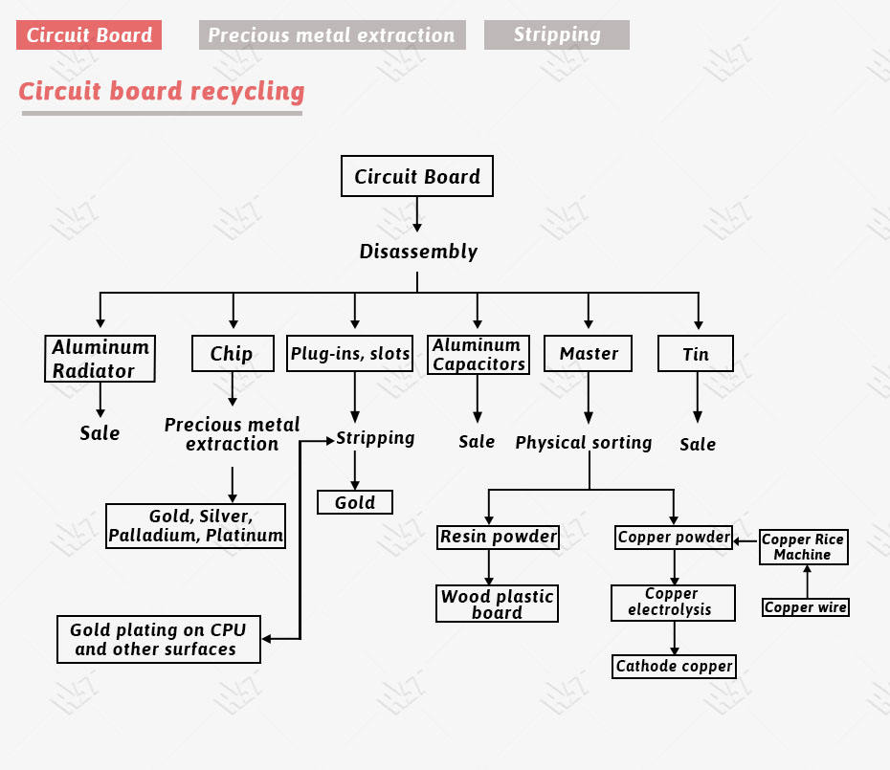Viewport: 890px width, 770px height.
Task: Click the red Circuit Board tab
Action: [89, 35]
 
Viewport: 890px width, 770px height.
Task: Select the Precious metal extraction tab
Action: [331, 35]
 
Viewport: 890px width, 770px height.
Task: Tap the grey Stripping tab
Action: [556, 34]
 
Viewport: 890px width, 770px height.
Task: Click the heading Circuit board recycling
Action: [162, 92]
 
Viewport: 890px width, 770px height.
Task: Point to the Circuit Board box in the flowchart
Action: [417, 176]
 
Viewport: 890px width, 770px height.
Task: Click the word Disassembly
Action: [418, 252]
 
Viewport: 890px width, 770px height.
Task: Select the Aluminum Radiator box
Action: [100, 359]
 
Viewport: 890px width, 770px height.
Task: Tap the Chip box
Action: [232, 354]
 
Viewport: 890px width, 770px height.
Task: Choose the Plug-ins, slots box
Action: [350, 354]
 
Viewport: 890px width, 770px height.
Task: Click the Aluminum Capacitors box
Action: [478, 354]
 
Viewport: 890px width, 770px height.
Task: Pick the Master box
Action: [589, 354]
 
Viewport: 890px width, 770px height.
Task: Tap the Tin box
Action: [696, 354]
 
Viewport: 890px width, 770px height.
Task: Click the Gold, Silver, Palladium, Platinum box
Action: [195, 526]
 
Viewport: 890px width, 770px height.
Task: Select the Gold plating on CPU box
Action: [158, 640]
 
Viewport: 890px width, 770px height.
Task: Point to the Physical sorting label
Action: [583, 443]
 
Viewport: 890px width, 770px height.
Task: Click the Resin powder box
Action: [498, 537]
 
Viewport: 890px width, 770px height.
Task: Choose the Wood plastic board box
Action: [497, 604]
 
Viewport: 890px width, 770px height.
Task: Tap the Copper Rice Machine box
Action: [803, 547]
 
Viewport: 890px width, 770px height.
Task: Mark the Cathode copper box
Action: [674, 667]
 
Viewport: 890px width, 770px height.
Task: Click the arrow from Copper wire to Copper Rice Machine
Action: [807, 581]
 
